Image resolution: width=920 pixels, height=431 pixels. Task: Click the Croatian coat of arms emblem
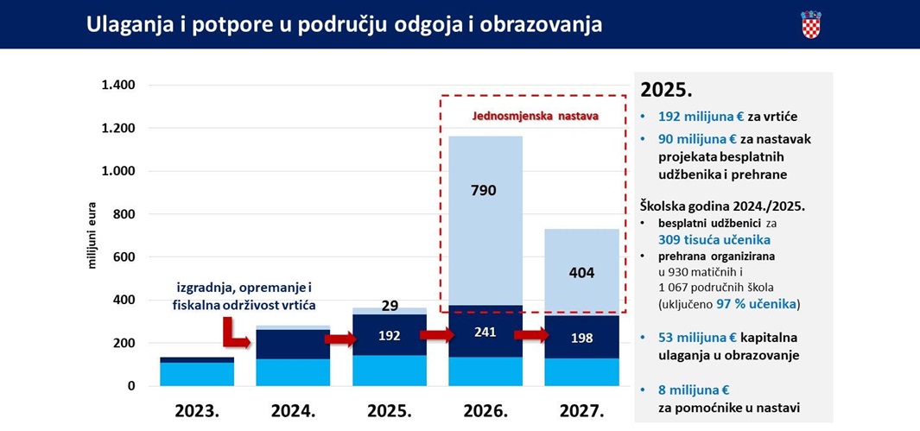point(810,24)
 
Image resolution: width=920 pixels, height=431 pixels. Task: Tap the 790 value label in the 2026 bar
point(484,190)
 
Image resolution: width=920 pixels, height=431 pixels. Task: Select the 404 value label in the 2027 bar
point(581,273)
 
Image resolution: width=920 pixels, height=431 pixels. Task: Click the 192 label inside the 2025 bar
point(390,336)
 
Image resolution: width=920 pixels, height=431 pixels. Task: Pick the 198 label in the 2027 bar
point(581,338)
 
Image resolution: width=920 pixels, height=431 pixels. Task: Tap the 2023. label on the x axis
point(196,410)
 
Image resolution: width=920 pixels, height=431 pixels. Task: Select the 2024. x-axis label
point(292,410)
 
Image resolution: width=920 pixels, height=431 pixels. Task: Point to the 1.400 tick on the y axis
point(119,86)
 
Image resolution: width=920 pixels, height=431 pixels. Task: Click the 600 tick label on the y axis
point(124,257)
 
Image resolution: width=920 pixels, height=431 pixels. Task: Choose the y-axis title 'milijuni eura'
point(92,236)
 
